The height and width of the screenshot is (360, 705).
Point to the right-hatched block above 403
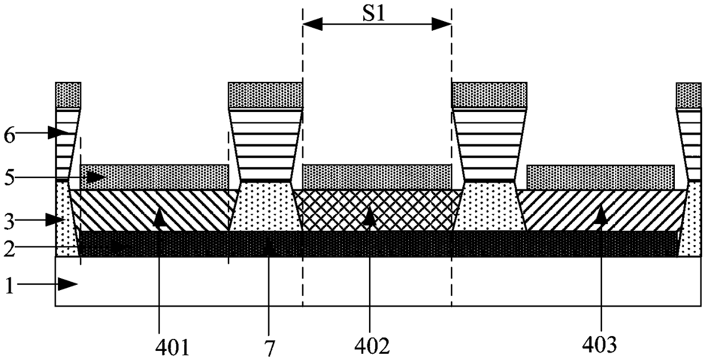click(603, 210)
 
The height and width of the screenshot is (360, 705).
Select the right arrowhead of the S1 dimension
click(443, 23)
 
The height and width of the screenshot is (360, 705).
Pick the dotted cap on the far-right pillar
click(688, 95)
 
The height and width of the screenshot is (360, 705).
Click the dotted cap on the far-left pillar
click(68, 95)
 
